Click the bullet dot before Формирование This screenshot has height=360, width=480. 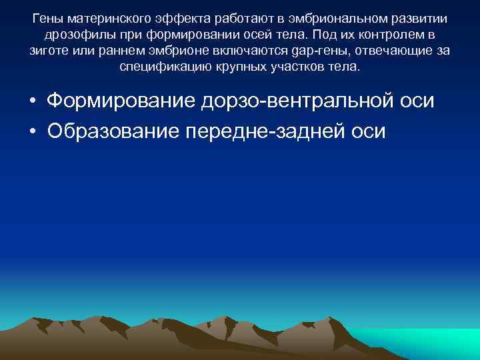tap(32, 101)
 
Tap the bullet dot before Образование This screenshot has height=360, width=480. tap(32, 131)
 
